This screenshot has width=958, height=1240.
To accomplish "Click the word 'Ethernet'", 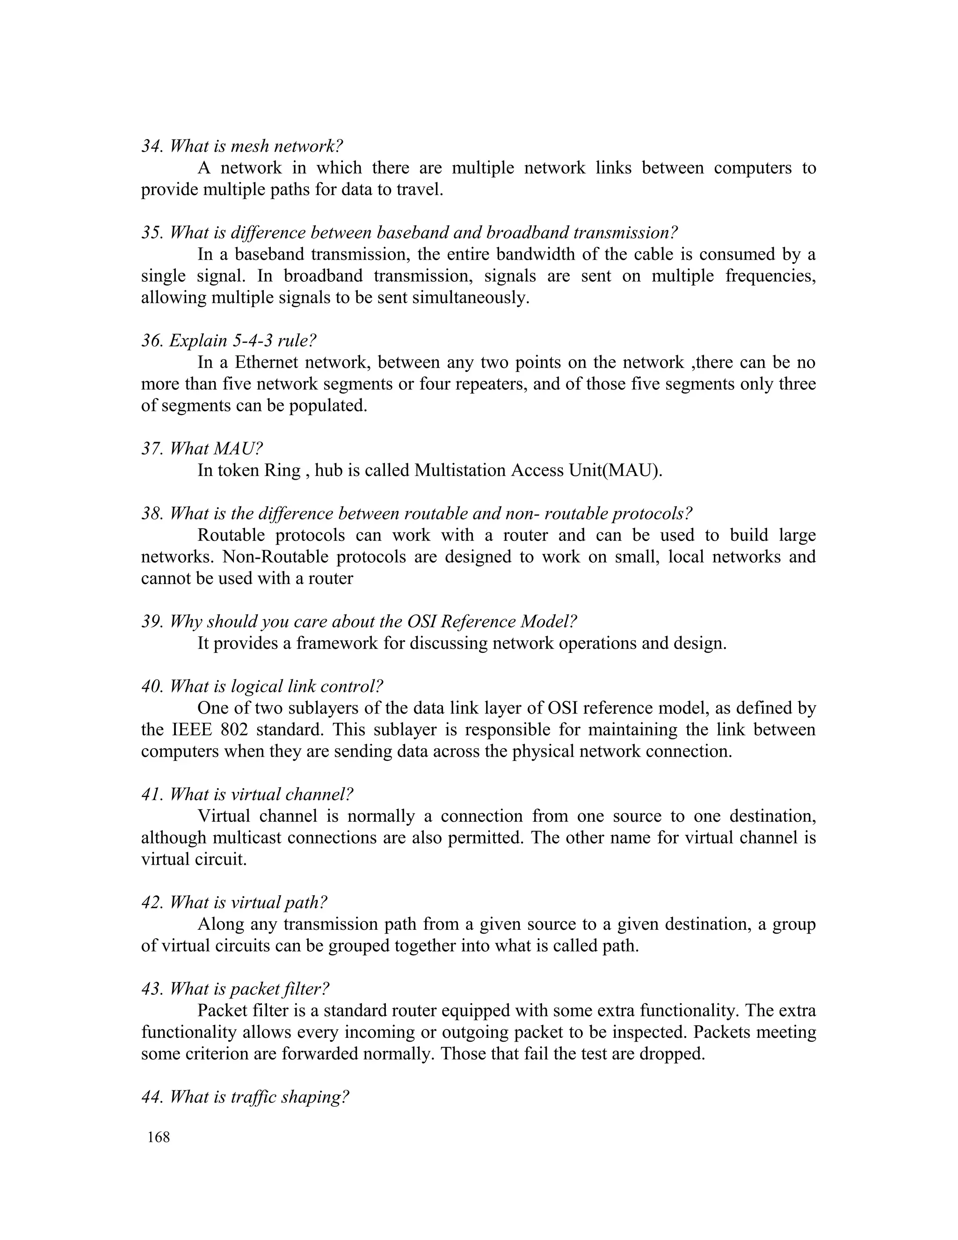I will tap(267, 362).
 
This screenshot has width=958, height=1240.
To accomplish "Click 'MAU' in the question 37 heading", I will tap(238, 449).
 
